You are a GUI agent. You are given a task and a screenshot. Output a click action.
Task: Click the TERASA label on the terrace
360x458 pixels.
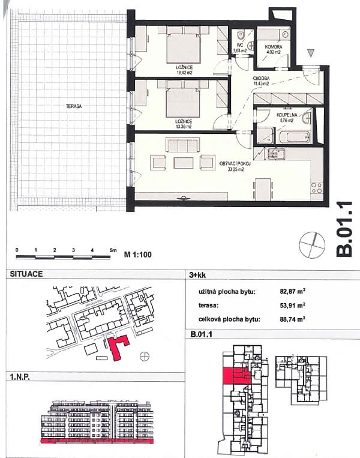(x=74, y=106)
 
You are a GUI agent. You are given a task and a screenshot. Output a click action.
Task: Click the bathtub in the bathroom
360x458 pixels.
(x=295, y=137)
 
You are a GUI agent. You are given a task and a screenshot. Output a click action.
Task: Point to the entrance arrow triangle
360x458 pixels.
(x=310, y=53)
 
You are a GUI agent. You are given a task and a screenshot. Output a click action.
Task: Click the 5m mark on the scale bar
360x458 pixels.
(x=111, y=249)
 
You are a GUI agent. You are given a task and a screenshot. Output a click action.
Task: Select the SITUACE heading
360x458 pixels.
(x=25, y=274)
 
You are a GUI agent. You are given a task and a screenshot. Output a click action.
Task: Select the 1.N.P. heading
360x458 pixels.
(x=22, y=377)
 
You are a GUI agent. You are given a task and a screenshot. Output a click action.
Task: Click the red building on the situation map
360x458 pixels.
(x=118, y=347)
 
